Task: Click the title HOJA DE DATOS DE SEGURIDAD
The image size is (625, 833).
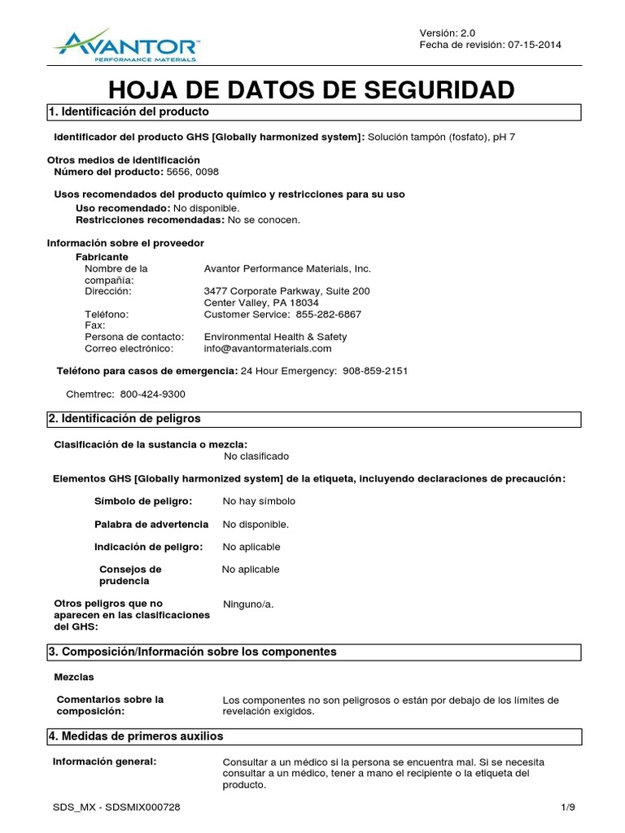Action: pos(312,89)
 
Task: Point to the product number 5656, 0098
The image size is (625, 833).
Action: pos(192,172)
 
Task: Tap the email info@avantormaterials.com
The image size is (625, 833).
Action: pos(268,348)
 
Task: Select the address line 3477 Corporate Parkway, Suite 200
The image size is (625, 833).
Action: pos(286,290)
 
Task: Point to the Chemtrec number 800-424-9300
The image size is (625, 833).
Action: pos(152,394)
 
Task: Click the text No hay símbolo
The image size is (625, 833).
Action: pos(259,501)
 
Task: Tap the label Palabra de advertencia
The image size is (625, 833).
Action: pos(151,524)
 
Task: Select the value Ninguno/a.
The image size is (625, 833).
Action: pos(249,604)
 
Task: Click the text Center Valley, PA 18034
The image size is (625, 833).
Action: pos(260,303)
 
